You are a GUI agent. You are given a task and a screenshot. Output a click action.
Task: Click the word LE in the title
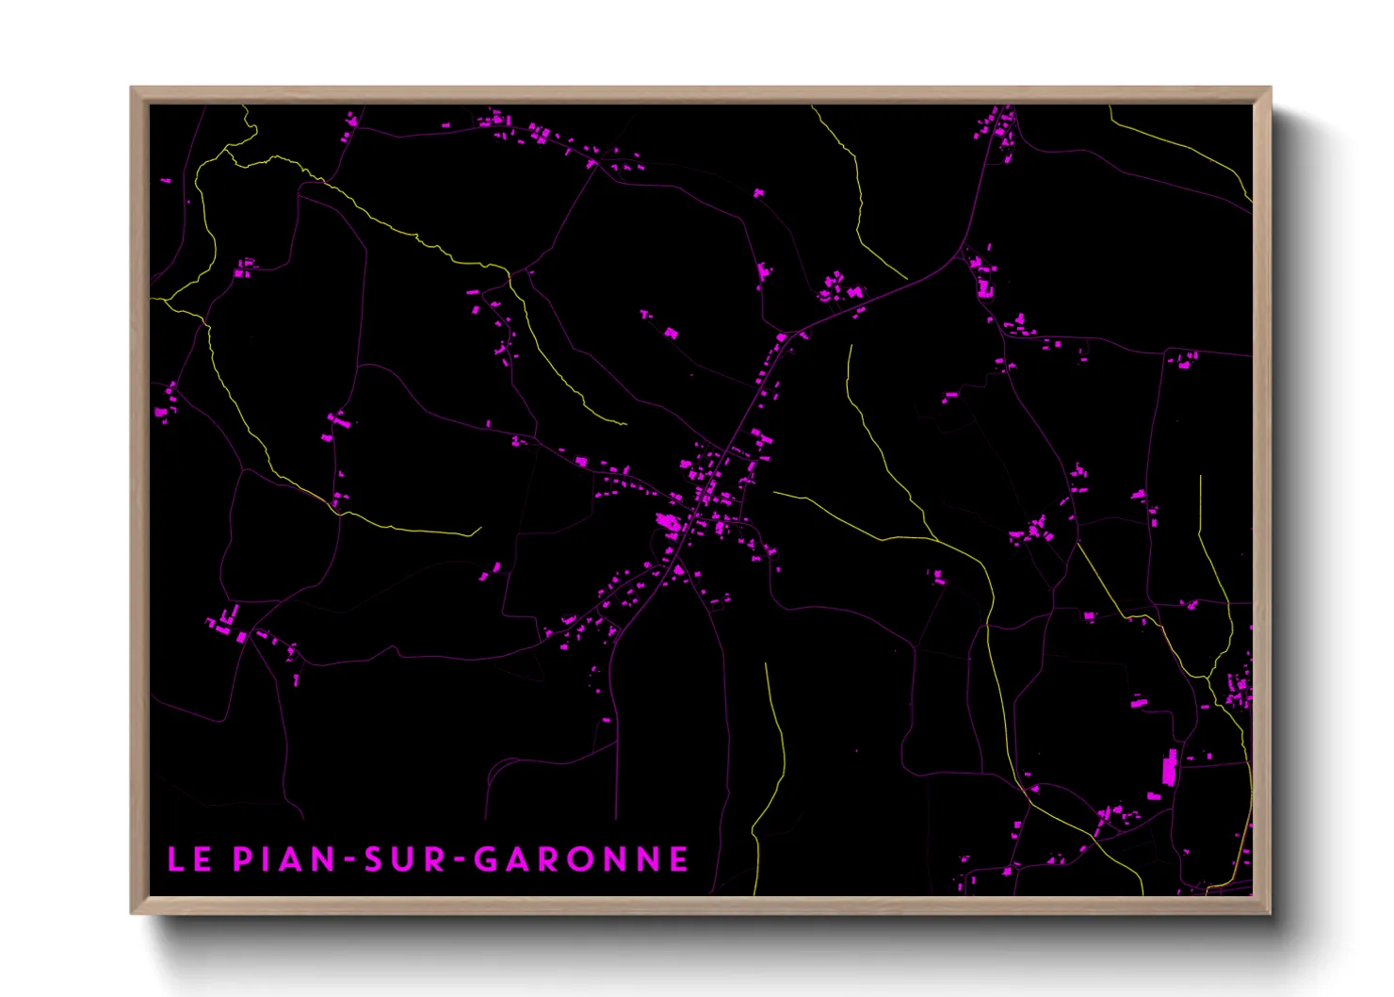point(188,859)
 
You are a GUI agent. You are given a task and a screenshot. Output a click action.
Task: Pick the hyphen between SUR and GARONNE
point(459,860)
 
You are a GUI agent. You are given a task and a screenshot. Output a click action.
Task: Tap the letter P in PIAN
point(242,859)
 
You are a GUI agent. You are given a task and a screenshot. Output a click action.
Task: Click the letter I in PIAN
point(266,859)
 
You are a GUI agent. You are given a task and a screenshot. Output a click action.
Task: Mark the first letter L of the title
point(175,859)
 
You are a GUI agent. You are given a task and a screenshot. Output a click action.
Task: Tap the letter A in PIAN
point(291,859)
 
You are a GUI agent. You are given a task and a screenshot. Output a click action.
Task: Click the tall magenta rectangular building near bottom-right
point(1169,768)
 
